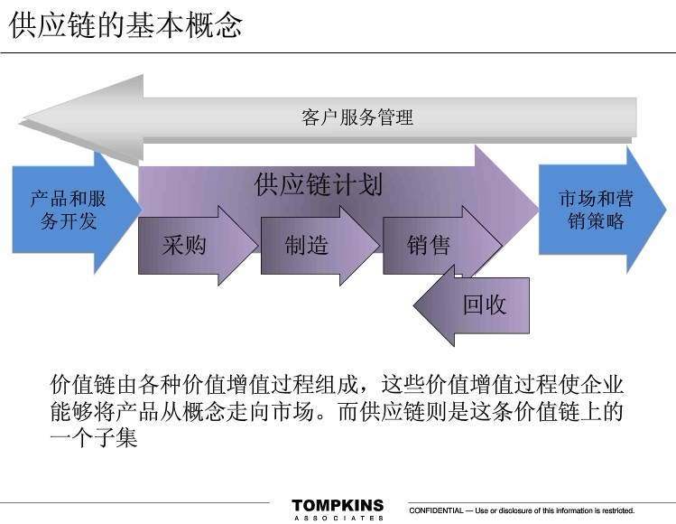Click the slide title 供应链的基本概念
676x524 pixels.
tap(126, 24)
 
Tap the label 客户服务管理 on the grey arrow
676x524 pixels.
tap(357, 117)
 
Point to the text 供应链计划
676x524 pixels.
tap(319, 185)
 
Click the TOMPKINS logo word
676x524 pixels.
tap(338, 505)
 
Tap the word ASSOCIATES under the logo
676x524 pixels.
tap(338, 518)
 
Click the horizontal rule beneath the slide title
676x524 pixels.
tap(338, 52)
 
